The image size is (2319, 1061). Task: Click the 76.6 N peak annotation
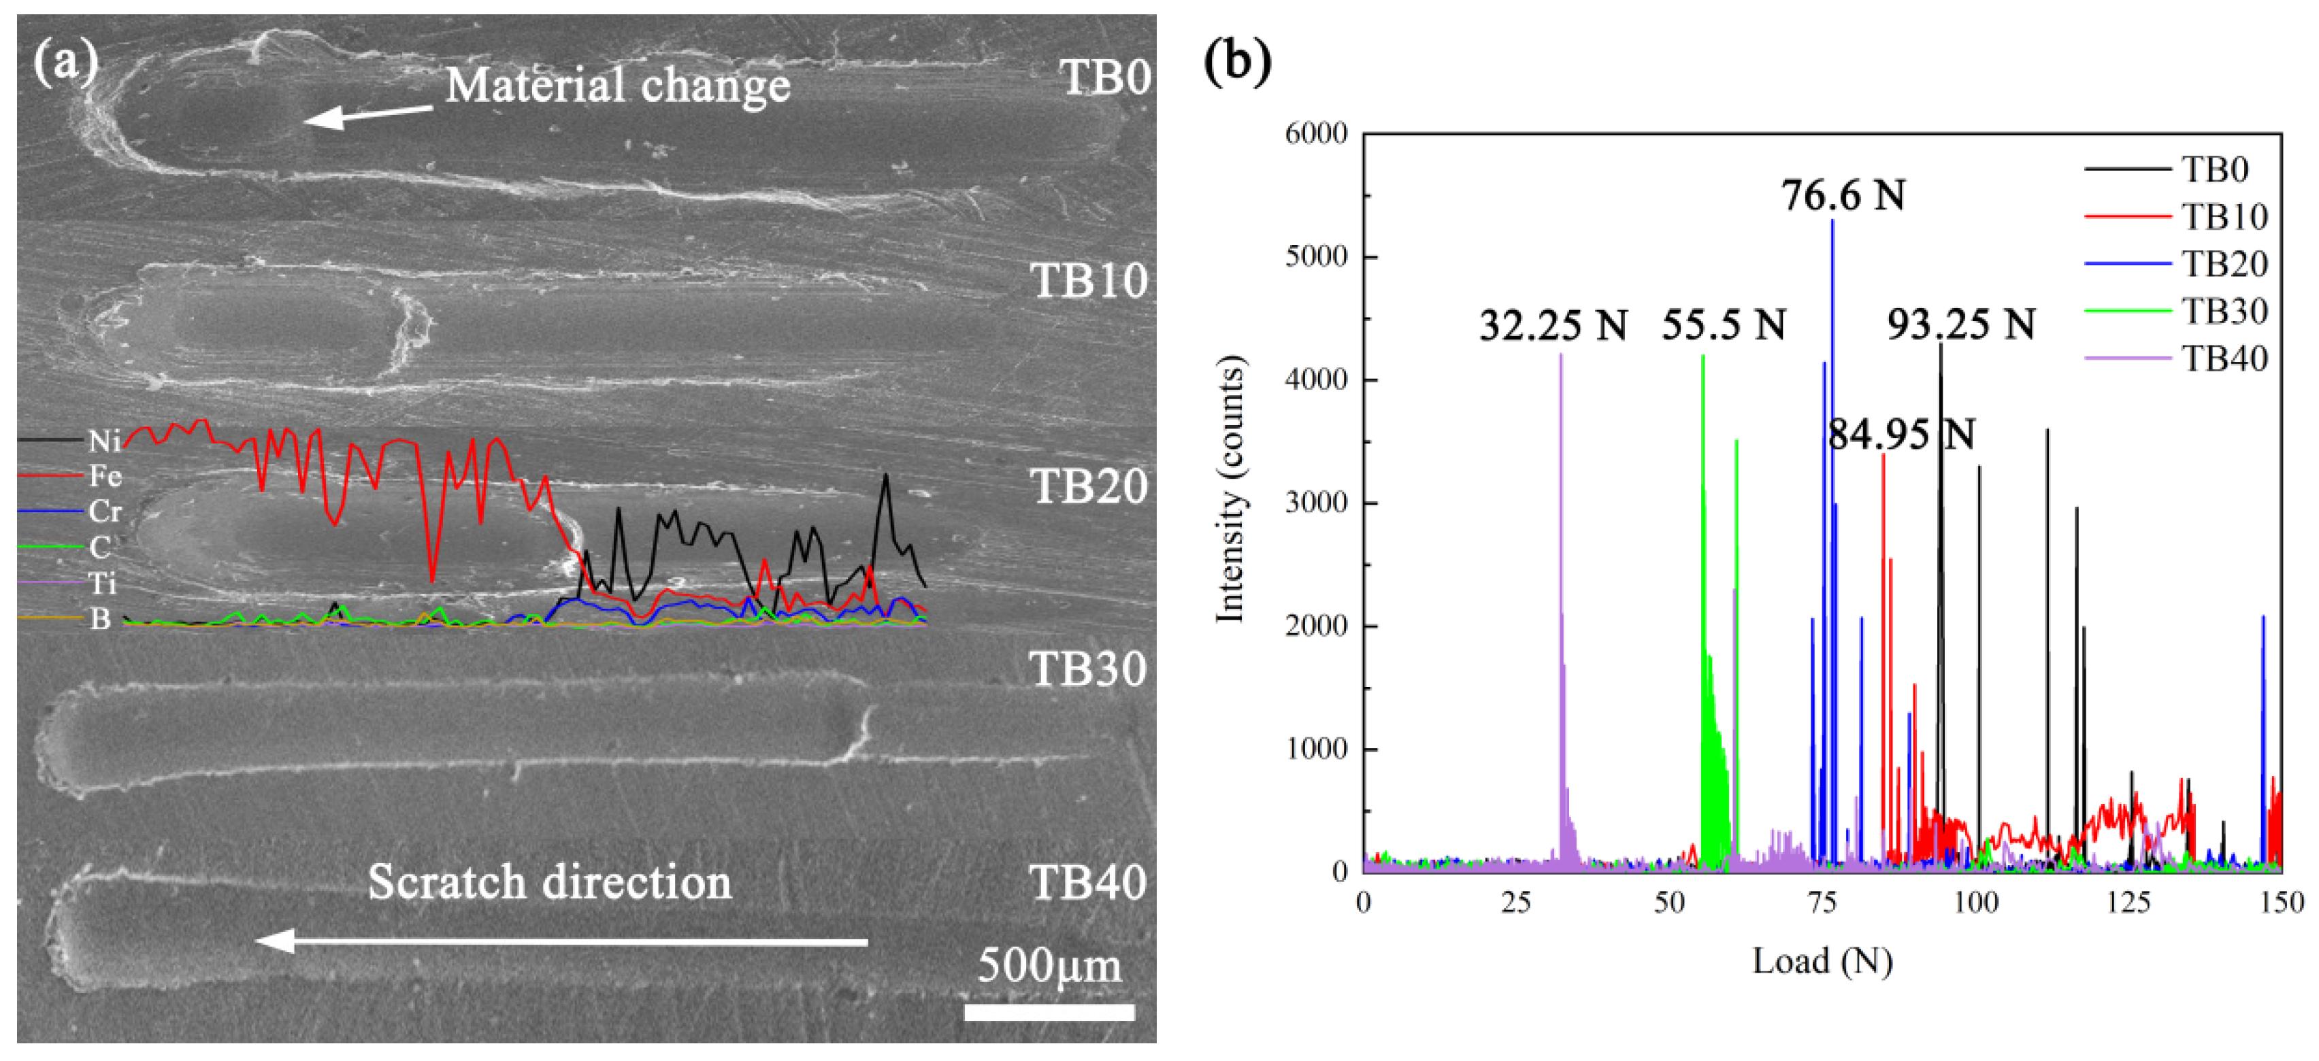[x=1843, y=195]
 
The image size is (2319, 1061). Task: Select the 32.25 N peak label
[x=1553, y=325]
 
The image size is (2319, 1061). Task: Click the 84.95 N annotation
[x=1901, y=435]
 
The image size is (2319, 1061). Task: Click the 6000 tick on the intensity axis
[x=1315, y=134]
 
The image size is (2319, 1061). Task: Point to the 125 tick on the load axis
[x=2128, y=902]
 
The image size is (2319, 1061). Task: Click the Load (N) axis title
[x=1822, y=961]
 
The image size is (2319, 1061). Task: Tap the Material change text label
[x=618, y=86]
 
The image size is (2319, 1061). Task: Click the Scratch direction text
[x=549, y=882]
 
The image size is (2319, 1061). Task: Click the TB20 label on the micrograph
[x=1088, y=487]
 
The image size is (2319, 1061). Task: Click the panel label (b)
[x=1237, y=61]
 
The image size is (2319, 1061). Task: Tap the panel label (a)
[x=65, y=61]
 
